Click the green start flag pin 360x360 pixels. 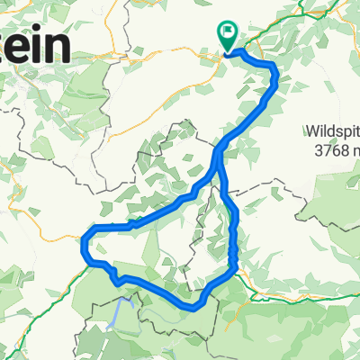pos(227,37)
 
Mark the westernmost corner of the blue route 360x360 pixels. pos(84,240)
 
